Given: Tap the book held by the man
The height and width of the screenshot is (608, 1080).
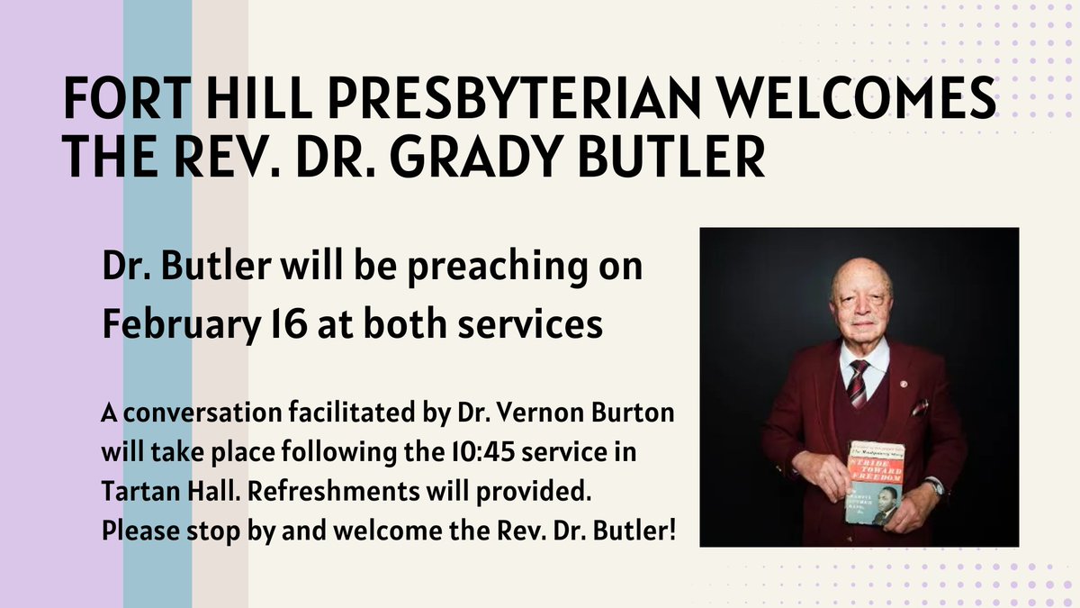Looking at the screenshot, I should (x=875, y=481).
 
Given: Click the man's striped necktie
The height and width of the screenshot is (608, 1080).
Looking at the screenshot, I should (x=857, y=384).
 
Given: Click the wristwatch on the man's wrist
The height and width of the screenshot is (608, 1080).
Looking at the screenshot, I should (x=935, y=487).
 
